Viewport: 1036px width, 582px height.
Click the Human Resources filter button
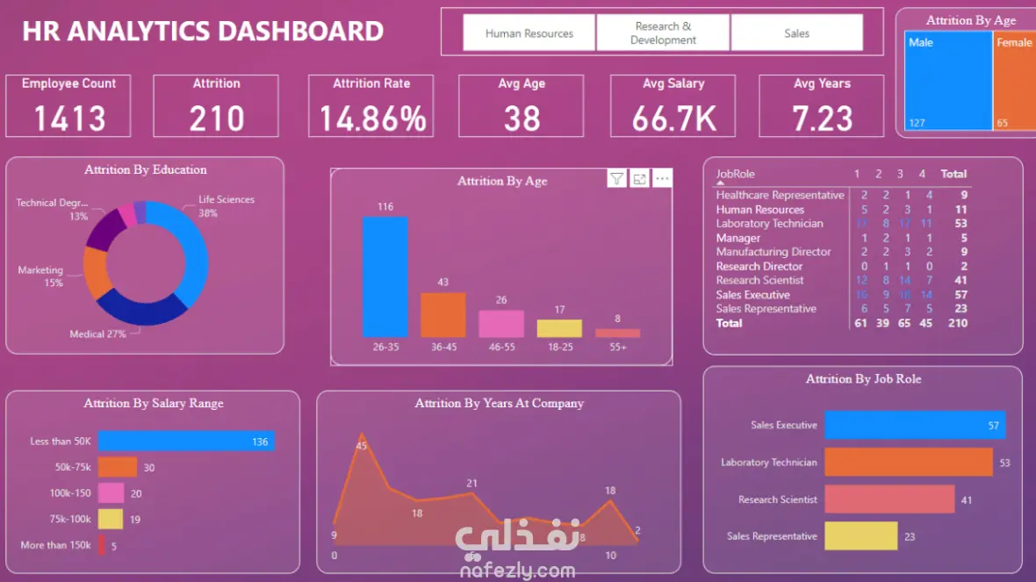pos(529,33)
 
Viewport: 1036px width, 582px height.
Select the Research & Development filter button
pos(663,33)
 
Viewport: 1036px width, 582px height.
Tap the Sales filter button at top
pos(796,33)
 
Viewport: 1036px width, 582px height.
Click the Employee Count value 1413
pos(69,119)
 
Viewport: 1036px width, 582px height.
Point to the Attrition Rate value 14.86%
pos(371,119)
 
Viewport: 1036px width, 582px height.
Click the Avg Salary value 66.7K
pos(673,119)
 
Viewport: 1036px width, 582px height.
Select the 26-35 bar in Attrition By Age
pos(385,277)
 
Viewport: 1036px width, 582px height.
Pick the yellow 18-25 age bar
pos(559,328)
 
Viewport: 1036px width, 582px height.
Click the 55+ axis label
pos(617,348)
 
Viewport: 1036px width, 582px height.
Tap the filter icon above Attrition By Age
pos(617,179)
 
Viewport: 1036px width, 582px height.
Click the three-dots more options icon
pos(663,179)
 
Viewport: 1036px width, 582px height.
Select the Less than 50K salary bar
pos(186,441)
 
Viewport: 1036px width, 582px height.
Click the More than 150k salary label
pos(56,545)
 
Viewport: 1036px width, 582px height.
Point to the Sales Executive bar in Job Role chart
pos(915,425)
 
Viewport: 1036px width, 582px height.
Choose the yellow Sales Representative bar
pos(860,536)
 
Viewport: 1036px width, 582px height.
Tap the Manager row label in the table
pos(738,238)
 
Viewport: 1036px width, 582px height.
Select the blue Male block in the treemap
pos(947,81)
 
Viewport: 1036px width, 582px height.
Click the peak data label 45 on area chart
pos(362,446)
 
